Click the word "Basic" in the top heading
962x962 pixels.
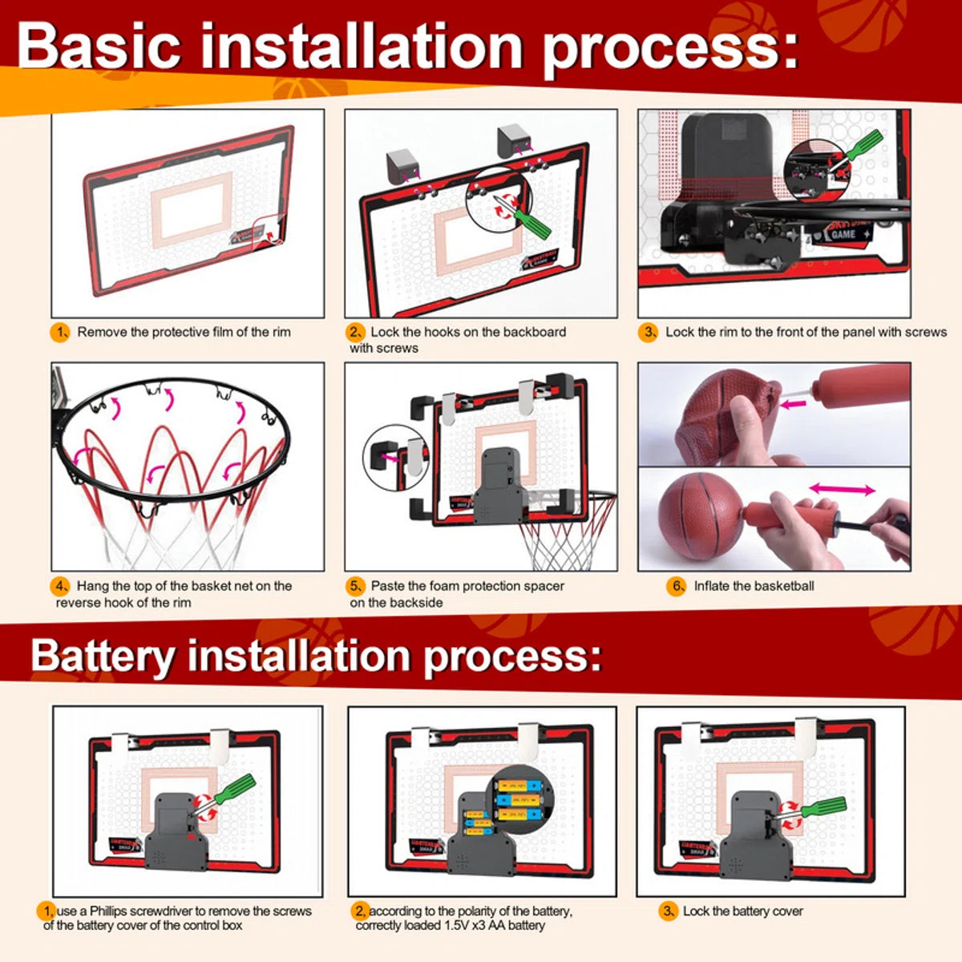point(99,46)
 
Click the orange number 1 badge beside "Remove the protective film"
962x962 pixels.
point(61,332)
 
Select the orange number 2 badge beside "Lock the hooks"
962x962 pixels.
point(356,332)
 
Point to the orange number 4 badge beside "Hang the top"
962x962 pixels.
point(61,586)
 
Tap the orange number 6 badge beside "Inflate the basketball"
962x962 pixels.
point(677,586)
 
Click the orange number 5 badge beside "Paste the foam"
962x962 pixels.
point(356,586)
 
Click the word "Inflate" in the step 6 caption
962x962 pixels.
point(713,586)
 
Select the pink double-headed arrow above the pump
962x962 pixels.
point(842,489)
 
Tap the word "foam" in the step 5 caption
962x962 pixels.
point(449,586)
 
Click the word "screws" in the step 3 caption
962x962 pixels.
point(925,332)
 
